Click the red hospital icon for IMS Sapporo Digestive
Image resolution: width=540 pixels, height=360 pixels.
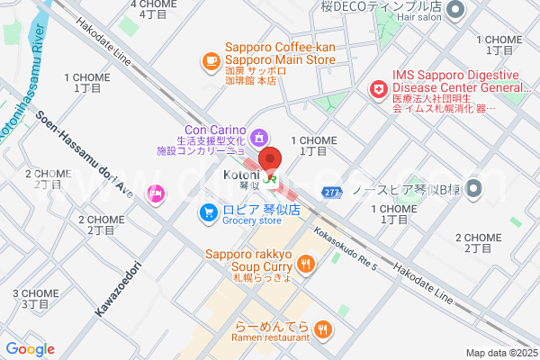(378, 90)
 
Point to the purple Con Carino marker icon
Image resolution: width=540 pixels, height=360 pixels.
(259, 138)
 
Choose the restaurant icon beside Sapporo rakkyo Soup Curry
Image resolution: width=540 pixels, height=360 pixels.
(307, 264)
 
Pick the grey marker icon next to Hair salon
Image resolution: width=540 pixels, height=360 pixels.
(454, 11)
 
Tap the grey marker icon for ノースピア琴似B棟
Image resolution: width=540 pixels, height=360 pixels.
(473, 189)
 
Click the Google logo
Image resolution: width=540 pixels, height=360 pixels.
(30, 349)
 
